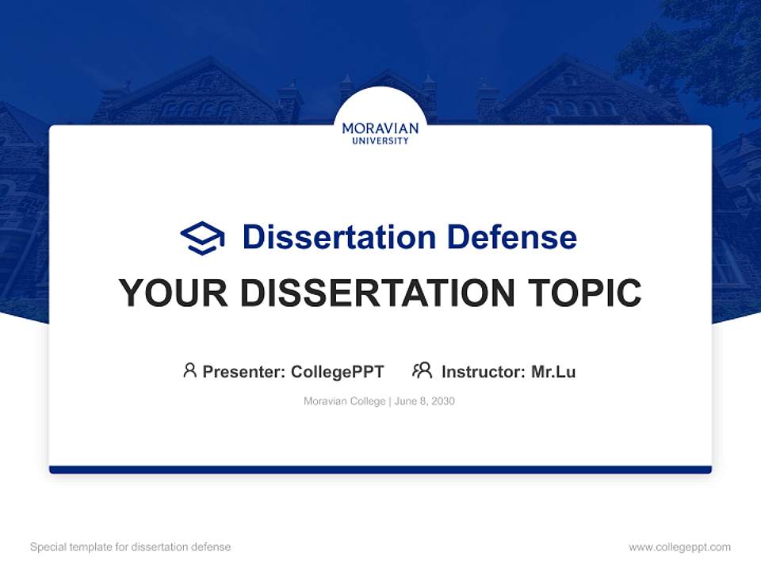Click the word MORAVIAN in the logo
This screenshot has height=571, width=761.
[x=380, y=128]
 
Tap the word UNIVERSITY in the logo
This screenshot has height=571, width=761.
[x=380, y=141]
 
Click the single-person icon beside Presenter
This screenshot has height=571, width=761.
[x=189, y=370]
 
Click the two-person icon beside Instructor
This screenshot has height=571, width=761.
[x=423, y=370]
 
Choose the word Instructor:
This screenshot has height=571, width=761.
[x=483, y=371]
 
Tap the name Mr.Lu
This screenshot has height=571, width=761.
[x=553, y=371]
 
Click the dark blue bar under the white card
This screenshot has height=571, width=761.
[x=380, y=469]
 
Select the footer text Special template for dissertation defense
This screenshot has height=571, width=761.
[x=130, y=547]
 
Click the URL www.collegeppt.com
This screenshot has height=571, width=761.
[x=679, y=547]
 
